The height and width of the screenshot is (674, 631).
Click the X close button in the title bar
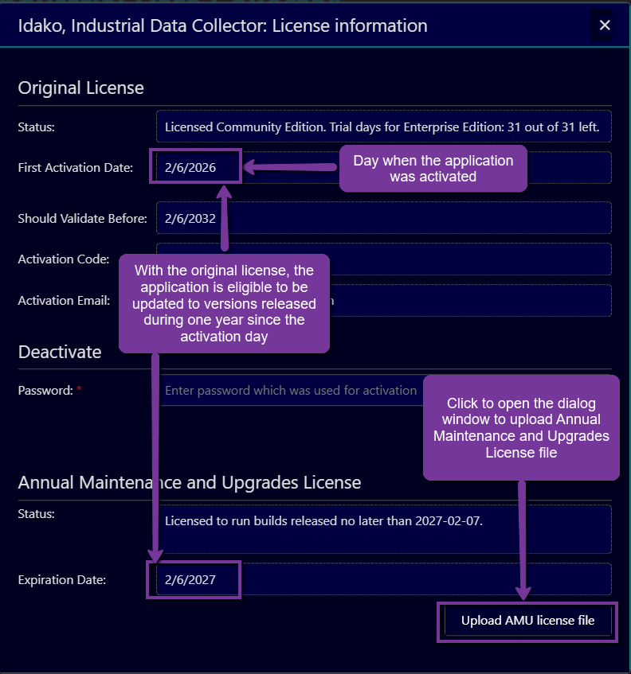(605, 25)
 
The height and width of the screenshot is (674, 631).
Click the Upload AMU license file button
(527, 621)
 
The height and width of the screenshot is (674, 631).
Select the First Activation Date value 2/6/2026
(190, 168)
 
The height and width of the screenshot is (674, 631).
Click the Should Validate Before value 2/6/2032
(190, 218)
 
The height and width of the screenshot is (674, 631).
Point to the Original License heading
(81, 88)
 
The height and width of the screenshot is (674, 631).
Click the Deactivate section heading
(60, 352)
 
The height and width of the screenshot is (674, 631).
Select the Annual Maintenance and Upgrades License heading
(190, 482)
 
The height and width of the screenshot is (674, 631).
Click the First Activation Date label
(76, 168)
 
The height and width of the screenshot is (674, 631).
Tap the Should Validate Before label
(83, 218)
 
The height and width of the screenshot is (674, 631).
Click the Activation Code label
(64, 259)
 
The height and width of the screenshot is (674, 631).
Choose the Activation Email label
(64, 301)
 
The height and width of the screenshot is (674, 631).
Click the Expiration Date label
(62, 579)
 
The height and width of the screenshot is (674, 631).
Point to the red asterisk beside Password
(79, 391)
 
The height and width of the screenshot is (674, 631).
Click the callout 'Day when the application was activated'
(433, 169)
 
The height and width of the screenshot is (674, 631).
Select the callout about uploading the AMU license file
(521, 428)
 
